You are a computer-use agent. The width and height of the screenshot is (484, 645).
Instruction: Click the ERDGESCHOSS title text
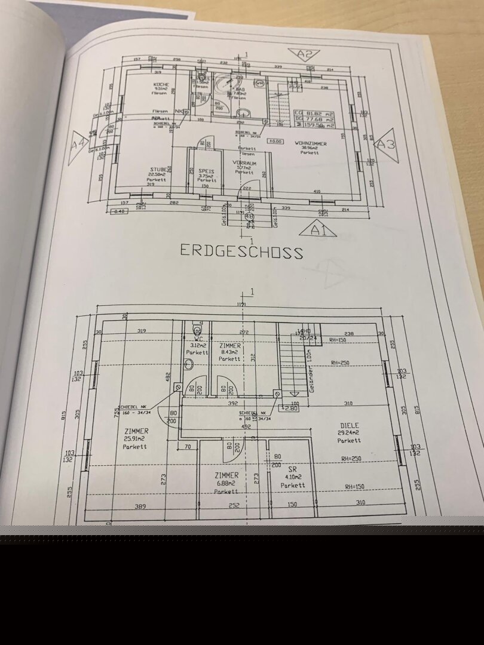pos(241,251)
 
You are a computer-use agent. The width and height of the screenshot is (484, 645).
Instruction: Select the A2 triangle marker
pos(305,54)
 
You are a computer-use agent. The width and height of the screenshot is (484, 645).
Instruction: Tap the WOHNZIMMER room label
pos(310,144)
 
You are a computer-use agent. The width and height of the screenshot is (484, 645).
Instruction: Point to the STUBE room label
pos(157,170)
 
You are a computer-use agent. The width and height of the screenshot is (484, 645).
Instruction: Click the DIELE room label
pos(348,425)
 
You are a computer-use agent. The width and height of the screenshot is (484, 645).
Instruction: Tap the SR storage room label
pos(293,469)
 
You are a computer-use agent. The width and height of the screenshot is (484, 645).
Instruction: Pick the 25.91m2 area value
pos(136,438)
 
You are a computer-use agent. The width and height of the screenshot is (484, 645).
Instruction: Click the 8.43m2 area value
pos(230,352)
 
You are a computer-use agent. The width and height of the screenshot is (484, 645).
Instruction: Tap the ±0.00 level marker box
pos(275,142)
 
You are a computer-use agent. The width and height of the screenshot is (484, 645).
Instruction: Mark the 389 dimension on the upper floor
pos(140,506)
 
